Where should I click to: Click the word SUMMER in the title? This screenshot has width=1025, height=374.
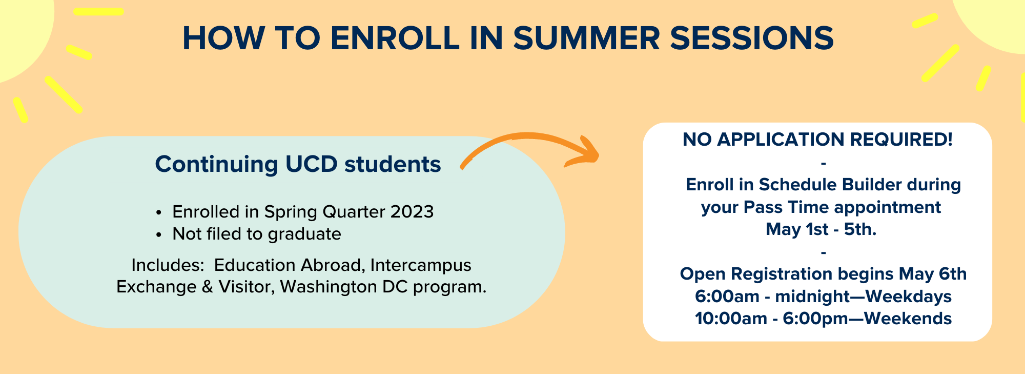click(586, 38)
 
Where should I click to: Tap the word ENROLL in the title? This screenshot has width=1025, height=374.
click(395, 38)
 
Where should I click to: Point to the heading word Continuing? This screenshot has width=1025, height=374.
click(216, 165)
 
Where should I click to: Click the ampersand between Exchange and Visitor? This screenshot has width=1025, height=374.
click(208, 287)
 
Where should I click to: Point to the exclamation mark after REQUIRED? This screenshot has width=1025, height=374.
click(950, 139)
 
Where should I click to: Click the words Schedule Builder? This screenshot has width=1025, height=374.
click(830, 185)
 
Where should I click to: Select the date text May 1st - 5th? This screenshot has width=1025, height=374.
click(821, 229)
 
